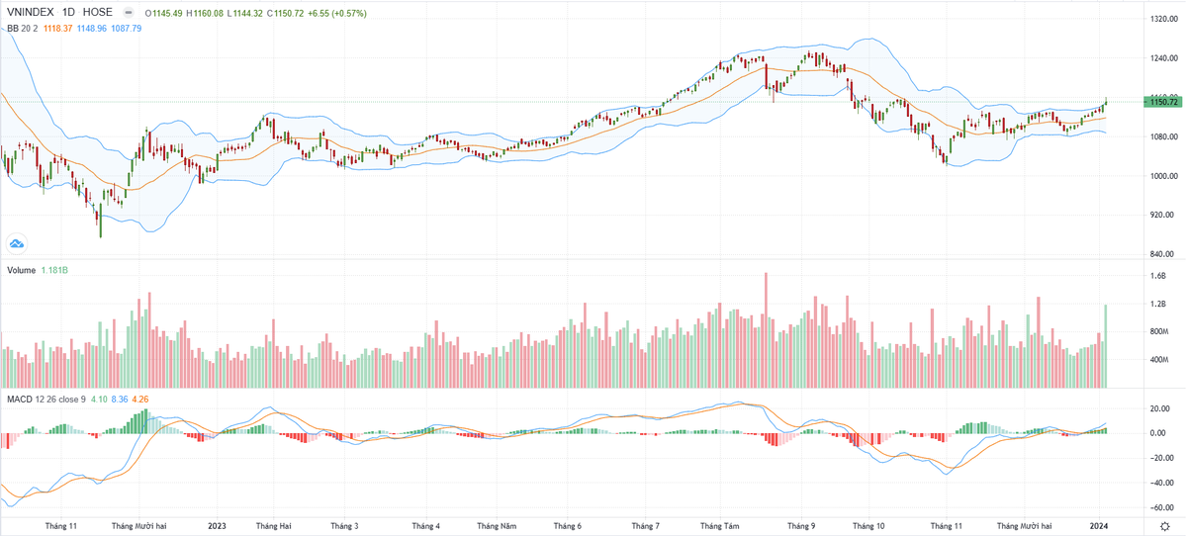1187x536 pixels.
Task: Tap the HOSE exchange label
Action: tap(96, 13)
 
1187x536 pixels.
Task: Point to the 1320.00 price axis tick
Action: tap(1161, 19)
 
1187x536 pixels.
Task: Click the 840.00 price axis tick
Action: tap(1161, 254)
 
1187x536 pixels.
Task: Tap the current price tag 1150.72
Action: tap(1162, 102)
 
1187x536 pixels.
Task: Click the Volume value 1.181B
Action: tap(55, 270)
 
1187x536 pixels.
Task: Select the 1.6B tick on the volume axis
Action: tap(1157, 277)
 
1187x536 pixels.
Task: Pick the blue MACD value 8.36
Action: tap(120, 399)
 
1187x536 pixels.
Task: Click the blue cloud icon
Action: tap(17, 243)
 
